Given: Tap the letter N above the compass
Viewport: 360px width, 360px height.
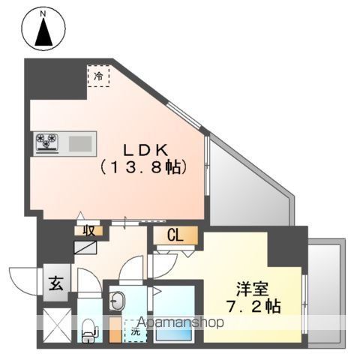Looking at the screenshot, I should tap(43, 13).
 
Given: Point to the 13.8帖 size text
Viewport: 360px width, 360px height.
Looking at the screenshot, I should tap(143, 168).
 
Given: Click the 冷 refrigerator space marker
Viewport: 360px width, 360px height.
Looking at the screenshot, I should tap(98, 76).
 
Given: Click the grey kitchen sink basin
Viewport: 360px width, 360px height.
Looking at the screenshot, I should tap(79, 142).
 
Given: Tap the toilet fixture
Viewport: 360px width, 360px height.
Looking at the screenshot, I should tap(88, 327).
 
